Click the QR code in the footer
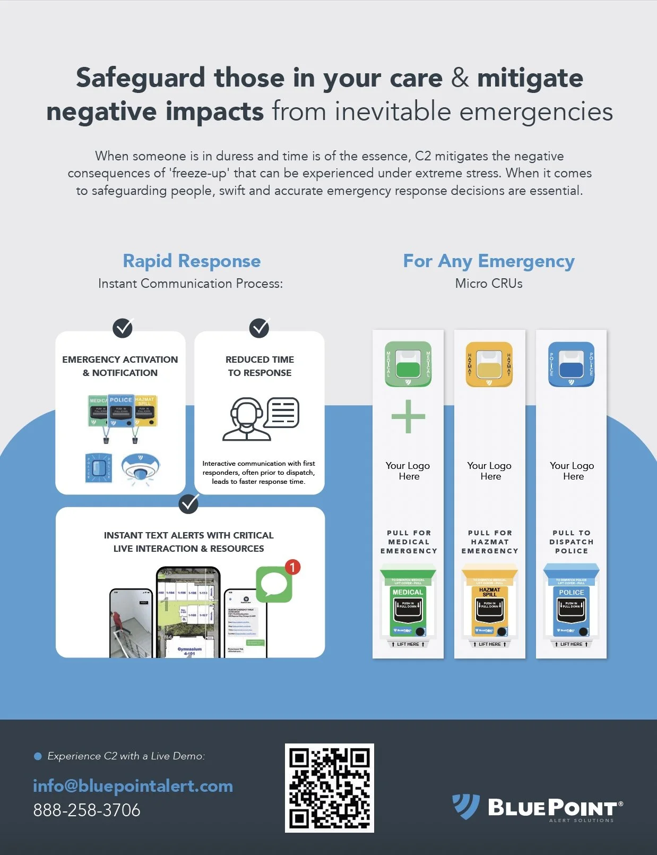(x=329, y=788)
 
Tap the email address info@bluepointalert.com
(x=133, y=785)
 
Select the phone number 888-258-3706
(x=87, y=810)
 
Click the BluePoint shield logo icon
(x=465, y=807)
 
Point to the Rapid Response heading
(x=192, y=261)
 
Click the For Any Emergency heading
(x=489, y=261)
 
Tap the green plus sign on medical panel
(x=408, y=416)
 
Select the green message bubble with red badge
(x=274, y=584)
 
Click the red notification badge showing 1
(x=292, y=567)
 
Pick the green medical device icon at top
(x=408, y=364)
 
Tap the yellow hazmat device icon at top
(x=489, y=364)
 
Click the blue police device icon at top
(x=571, y=364)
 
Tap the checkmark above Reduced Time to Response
(x=260, y=328)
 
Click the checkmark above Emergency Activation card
(x=123, y=328)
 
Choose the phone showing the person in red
(x=131, y=623)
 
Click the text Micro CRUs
(x=489, y=284)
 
